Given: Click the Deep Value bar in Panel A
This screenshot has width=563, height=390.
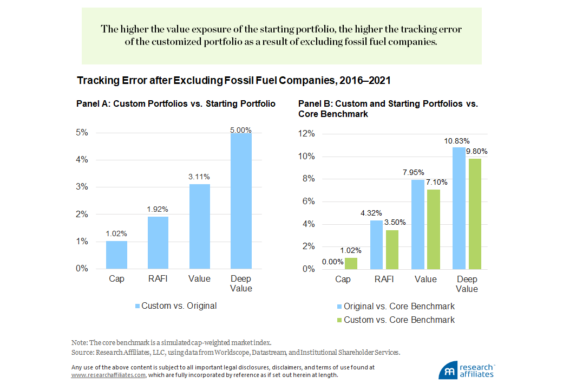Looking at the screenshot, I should pyautogui.click(x=241, y=200).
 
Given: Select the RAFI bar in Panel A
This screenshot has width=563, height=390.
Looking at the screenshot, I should pyautogui.click(x=158, y=242).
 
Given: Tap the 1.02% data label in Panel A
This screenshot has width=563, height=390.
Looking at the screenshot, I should pyautogui.click(x=116, y=234).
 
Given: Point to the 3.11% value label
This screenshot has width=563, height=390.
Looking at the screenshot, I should pyautogui.click(x=199, y=177).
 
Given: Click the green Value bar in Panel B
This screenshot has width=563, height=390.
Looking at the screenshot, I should pyautogui.click(x=434, y=229).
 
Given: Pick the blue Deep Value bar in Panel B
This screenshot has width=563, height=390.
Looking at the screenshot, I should pyautogui.click(x=459, y=208).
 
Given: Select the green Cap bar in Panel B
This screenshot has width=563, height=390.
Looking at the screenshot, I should pyautogui.click(x=351, y=263).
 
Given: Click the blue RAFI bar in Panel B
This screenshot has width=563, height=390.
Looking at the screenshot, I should pyautogui.click(x=376, y=244).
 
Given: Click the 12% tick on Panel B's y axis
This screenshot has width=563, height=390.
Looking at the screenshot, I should pyautogui.click(x=307, y=134).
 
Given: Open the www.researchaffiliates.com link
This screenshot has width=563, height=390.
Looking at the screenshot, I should pyautogui.click(x=108, y=375).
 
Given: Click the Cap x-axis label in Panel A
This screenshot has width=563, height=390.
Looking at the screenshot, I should pyautogui.click(x=116, y=279).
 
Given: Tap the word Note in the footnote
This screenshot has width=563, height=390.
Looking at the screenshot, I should pyautogui.click(x=78, y=343).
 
